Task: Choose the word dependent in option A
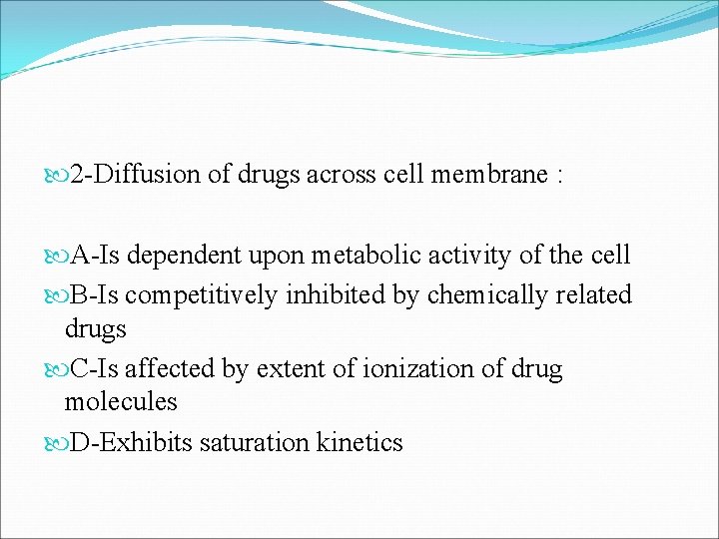[x=185, y=256]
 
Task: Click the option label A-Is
[x=97, y=256]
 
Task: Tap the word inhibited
[x=326, y=295]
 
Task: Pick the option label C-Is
[x=97, y=369]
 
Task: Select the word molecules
[x=121, y=402]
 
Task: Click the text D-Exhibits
[x=130, y=443]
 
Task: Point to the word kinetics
[x=359, y=443]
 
